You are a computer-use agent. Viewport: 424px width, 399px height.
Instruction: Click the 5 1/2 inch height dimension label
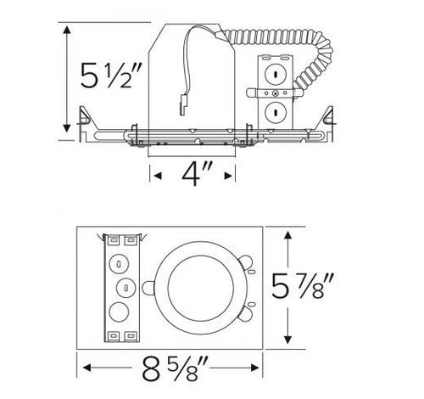103,79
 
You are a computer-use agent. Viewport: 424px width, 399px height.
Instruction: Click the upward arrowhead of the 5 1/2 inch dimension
67,28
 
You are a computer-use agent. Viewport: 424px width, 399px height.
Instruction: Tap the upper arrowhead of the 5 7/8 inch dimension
290,234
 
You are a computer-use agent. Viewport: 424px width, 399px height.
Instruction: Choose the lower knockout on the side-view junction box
273,110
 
